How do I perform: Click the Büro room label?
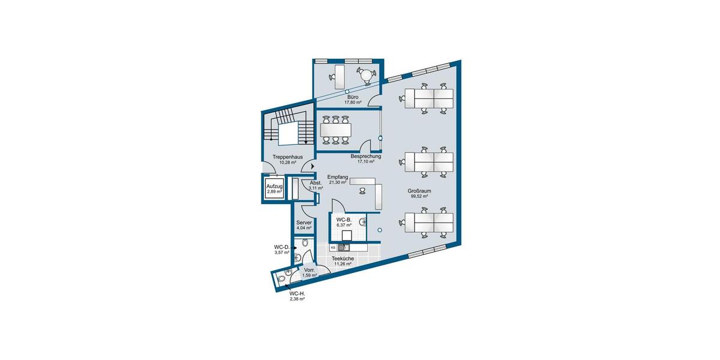point(353,97)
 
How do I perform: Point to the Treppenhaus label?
point(286,157)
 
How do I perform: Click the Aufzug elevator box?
point(274,189)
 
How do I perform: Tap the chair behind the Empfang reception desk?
point(363,191)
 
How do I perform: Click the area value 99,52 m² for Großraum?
point(419,196)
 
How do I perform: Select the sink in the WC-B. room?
point(362,222)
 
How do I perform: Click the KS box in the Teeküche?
point(333,247)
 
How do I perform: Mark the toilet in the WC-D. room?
point(305,243)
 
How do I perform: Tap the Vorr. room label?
point(310,271)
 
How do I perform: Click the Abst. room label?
point(316,183)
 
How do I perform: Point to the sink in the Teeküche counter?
point(344,247)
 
